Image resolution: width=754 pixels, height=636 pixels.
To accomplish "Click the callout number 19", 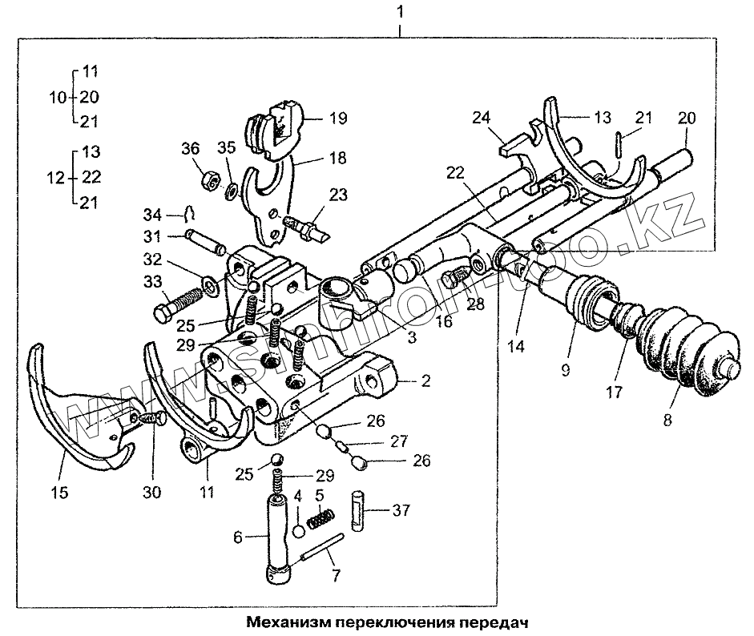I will (338, 117).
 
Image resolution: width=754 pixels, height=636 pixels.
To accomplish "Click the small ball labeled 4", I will (298, 530).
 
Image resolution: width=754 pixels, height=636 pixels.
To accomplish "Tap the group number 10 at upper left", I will (57, 97).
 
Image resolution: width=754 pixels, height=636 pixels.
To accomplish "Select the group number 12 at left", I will (57, 177).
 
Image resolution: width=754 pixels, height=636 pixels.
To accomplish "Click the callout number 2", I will (426, 381).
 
